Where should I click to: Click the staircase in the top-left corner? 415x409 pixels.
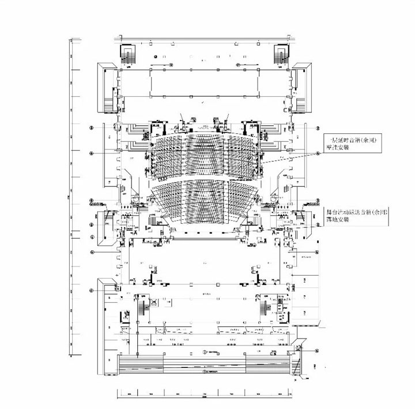[x=128, y=55]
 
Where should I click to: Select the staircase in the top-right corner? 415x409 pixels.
[x=281, y=55]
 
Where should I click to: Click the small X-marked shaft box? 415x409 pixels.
[x=154, y=302]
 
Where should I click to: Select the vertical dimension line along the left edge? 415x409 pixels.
[x=70, y=196]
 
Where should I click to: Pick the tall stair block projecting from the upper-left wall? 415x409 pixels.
[x=110, y=92]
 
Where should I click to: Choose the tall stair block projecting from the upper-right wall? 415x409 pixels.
[x=301, y=92]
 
